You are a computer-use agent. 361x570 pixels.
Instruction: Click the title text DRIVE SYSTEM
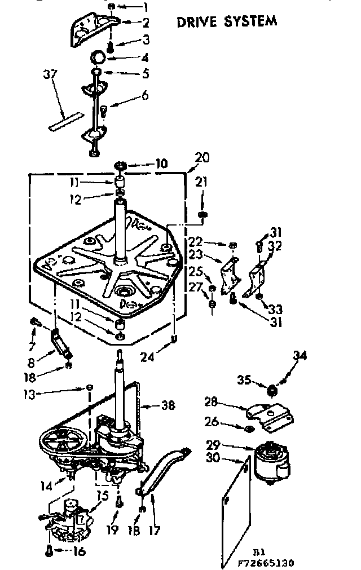pyautogui.click(x=227, y=22)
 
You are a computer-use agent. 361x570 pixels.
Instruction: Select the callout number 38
pyautogui.click(x=168, y=405)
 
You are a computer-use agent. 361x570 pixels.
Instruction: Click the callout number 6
pyautogui.click(x=145, y=96)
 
